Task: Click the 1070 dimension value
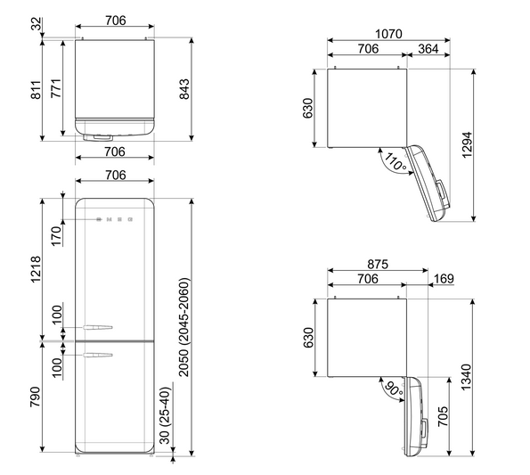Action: (x=388, y=34)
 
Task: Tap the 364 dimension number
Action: (x=428, y=49)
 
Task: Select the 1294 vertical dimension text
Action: (x=467, y=145)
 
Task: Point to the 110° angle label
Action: (x=395, y=161)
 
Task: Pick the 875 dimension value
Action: (x=378, y=264)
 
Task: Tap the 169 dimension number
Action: (x=444, y=279)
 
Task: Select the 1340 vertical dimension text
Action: (x=466, y=377)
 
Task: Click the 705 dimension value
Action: (x=443, y=416)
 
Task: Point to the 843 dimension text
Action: (x=184, y=89)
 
